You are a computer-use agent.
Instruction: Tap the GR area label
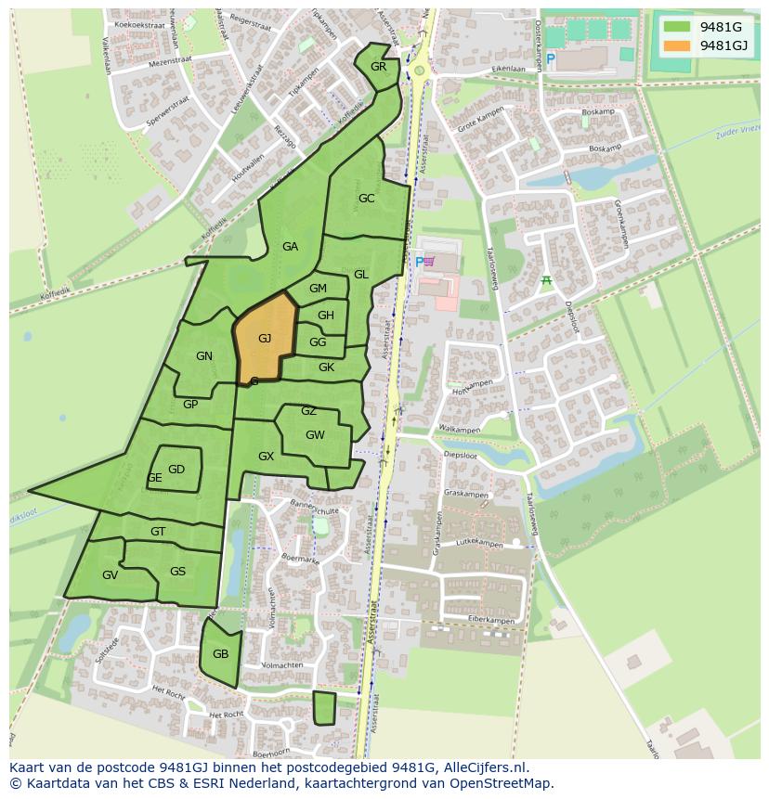pos(378,67)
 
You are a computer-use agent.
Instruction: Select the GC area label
pos(366,199)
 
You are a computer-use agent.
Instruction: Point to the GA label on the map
pos(290,247)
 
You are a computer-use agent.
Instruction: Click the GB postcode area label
pos(220,653)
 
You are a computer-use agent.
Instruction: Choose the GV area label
pos(110,575)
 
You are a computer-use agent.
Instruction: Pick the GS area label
pos(177,572)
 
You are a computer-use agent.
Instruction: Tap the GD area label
pos(176,470)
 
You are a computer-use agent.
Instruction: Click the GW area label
pos(315,435)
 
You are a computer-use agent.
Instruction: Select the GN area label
pos(204,356)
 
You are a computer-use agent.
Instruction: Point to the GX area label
pos(266,457)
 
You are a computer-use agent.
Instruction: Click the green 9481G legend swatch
pos(677,27)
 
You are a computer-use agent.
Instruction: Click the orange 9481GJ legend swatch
pos(677,45)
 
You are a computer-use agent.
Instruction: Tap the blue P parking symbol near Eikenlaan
pos(551,59)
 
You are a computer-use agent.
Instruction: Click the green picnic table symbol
pos(547,281)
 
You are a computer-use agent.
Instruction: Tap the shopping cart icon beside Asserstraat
pos(429,262)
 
